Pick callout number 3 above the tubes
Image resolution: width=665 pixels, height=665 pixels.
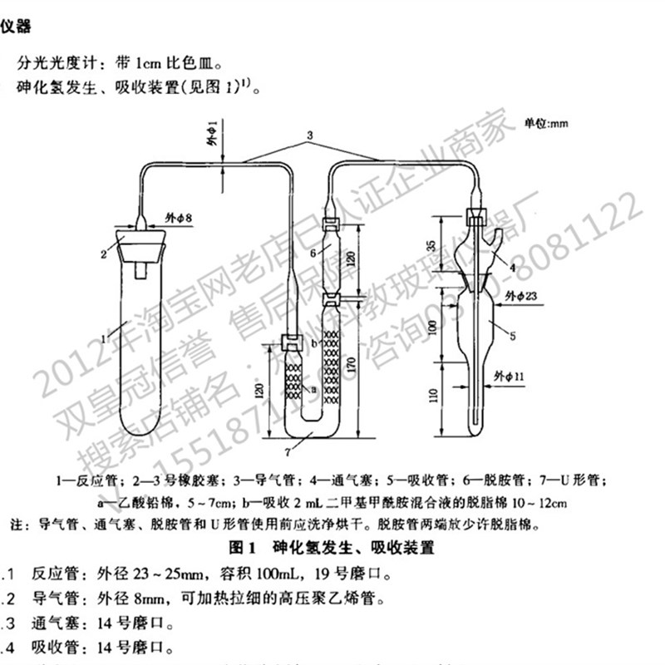[308, 134]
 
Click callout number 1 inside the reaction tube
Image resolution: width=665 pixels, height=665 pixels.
[103, 338]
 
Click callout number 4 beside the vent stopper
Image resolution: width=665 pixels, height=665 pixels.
[513, 267]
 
